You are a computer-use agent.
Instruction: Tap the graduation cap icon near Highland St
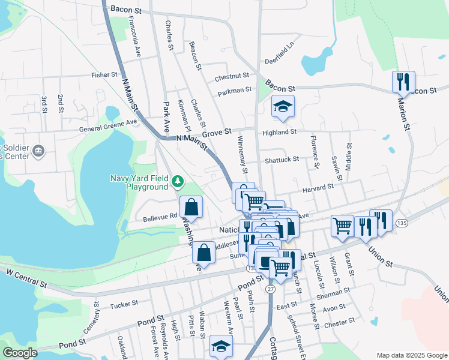coord(283,107)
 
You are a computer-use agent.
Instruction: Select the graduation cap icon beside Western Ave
coord(221,347)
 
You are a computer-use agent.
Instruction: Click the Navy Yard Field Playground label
coord(139,182)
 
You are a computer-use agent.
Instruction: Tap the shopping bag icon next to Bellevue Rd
coord(191,208)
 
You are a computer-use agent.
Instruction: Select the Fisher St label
coord(104,75)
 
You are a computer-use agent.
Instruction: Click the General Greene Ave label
coord(109,125)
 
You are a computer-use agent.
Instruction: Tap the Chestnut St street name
coord(232,76)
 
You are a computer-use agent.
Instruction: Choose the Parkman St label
coord(234,90)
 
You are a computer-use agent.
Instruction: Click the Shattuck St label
coord(282,160)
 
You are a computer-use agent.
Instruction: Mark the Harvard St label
coord(318,187)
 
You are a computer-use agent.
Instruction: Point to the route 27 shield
coord(270,289)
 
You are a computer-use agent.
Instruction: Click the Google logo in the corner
coord(20,353)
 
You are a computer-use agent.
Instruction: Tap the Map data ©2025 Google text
coord(411,355)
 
